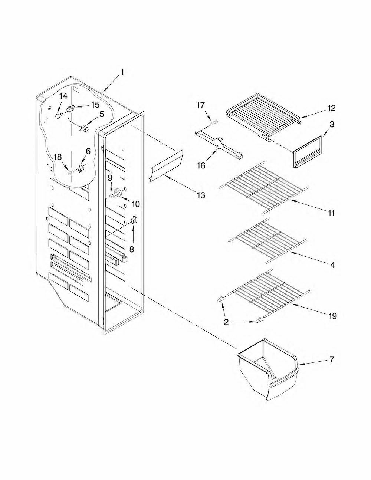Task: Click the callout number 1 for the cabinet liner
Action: pos(122,72)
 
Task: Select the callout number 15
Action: pos(95,105)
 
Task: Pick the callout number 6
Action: pos(88,151)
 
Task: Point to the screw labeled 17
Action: pos(214,122)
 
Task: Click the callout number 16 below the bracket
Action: pos(201,165)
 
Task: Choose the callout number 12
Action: pos(331,108)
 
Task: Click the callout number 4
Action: pos(332,264)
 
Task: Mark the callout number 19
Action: pos(332,316)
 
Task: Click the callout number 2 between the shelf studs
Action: pos(226,322)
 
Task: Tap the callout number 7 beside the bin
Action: pos(331,359)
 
